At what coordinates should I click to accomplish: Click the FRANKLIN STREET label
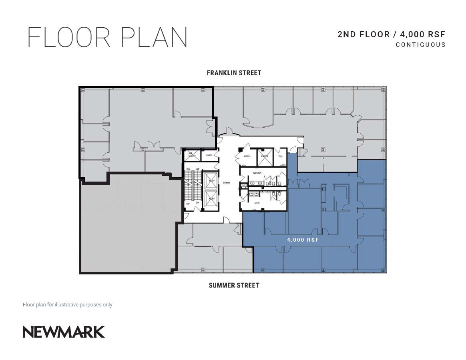point(234,73)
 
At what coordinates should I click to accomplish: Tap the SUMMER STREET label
point(234,285)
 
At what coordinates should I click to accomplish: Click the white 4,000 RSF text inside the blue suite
point(303,240)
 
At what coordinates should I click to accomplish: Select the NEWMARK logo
point(64,332)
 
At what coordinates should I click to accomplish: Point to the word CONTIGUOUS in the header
point(420,45)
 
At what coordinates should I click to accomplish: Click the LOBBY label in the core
point(227,183)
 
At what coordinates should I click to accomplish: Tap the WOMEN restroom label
point(257,173)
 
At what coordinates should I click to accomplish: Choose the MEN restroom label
point(257,203)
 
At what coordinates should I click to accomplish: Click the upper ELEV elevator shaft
point(211,180)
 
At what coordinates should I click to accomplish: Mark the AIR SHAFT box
point(192,155)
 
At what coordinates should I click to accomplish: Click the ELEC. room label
point(209,155)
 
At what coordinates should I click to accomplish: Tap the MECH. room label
point(247,156)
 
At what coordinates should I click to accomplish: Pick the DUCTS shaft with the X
point(265,157)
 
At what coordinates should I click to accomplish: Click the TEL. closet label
point(281,156)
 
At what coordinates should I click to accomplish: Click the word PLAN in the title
point(154,38)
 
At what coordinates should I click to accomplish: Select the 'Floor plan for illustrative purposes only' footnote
point(68,305)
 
